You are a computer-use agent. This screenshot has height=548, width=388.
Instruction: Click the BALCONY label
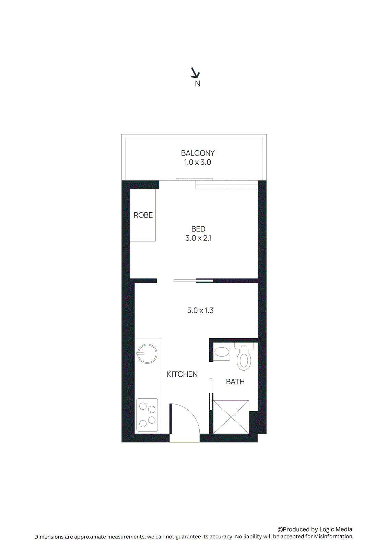coord(198,153)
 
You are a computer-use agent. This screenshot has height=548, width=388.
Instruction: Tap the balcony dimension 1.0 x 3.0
coord(197,162)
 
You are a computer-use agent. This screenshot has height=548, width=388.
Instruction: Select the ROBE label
coord(143,215)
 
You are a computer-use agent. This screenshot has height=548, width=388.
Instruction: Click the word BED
coord(198,229)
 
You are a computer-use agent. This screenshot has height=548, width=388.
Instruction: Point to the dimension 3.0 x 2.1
coord(198,238)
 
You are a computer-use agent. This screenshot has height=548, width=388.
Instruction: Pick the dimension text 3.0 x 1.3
coord(200,310)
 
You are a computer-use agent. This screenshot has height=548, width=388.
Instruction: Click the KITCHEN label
coord(182,374)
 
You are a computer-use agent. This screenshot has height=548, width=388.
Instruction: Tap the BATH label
coord(235,382)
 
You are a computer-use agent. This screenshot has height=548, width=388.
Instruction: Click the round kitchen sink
coord(147,353)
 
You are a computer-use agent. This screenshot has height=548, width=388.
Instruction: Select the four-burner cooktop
coord(147,415)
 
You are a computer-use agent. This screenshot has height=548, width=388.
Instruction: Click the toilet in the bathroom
coord(244,358)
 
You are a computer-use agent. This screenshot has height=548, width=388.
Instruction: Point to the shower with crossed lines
coord(231,417)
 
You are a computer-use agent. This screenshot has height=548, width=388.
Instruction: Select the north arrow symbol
coord(195,73)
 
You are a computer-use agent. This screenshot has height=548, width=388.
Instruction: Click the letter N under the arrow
coord(198,84)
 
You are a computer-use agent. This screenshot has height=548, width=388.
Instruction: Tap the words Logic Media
coord(336,529)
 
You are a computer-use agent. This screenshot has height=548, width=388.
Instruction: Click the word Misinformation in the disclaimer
coord(333,536)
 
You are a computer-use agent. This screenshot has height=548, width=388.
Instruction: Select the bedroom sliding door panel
coord(193,281)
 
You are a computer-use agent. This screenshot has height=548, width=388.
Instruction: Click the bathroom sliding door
coord(211,394)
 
